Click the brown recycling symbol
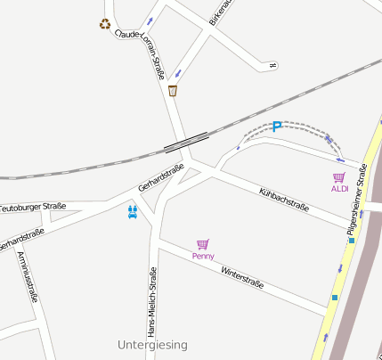point(105,24)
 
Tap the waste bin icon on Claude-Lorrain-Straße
point(173,90)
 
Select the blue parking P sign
point(276,127)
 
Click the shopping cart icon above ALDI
point(338,177)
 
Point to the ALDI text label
point(339,189)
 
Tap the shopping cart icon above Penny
point(203,244)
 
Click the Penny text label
point(203,256)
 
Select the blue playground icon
point(133,211)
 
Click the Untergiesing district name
point(152,344)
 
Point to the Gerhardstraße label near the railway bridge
point(161,178)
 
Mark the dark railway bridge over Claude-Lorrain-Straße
point(186,142)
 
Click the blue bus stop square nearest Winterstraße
point(335,297)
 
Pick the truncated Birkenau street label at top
point(220,12)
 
